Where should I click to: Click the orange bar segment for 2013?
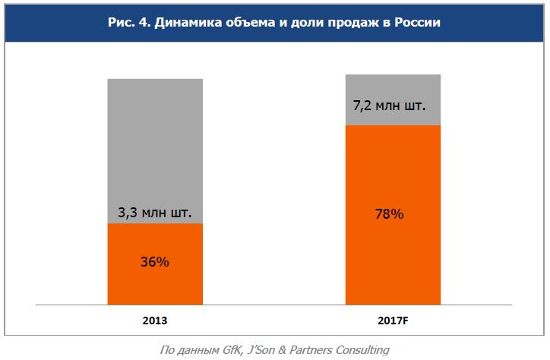tap(155, 281)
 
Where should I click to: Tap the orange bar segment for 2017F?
tap(393, 251)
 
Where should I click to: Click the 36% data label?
tap(155, 262)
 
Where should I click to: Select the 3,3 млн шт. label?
tap(155, 213)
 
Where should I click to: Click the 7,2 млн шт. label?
tap(389, 106)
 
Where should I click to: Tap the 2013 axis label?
tap(155, 321)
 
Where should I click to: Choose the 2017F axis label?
tap(393, 321)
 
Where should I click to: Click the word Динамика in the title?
tap(187, 24)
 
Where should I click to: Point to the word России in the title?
tap(416, 24)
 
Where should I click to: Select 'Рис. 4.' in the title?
tap(129, 24)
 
